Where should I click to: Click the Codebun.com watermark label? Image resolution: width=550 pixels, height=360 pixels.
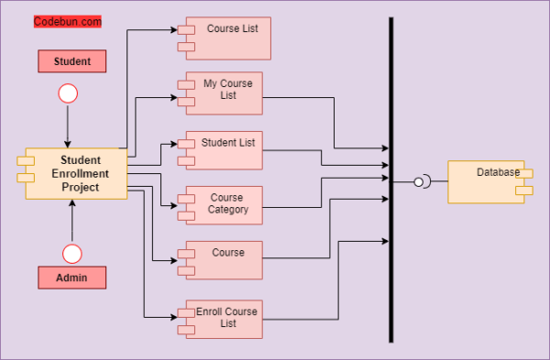pyautogui.click(x=68, y=21)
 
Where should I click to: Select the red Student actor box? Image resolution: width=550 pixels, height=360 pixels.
pyautogui.click(x=71, y=61)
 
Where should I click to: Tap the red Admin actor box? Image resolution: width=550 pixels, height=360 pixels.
pyautogui.click(x=71, y=277)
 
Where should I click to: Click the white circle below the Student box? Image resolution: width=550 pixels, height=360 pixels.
pyautogui.click(x=68, y=93)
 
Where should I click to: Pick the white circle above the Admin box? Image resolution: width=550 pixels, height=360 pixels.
pyautogui.click(x=71, y=253)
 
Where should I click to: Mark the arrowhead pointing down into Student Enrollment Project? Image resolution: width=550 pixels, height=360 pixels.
pyautogui.click(x=68, y=141)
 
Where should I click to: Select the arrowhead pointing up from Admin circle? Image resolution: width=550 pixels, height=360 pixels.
pyautogui.click(x=71, y=204)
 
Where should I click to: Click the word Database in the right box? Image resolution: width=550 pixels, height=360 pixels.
pyautogui.click(x=498, y=172)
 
